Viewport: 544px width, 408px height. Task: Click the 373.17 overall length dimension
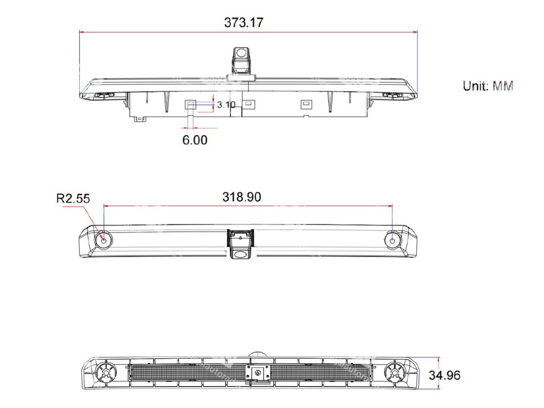click(243, 22)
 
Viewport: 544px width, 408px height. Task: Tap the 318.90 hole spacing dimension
click(242, 197)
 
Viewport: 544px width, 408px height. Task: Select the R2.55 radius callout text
click(73, 199)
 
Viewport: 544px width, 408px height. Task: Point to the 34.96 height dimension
click(445, 375)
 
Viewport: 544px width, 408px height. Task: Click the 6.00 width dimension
click(194, 140)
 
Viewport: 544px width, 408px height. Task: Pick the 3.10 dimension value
click(226, 105)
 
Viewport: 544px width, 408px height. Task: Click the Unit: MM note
click(488, 86)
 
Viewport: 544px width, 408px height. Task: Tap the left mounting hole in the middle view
click(104, 241)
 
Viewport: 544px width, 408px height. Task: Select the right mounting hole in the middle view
click(393, 241)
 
